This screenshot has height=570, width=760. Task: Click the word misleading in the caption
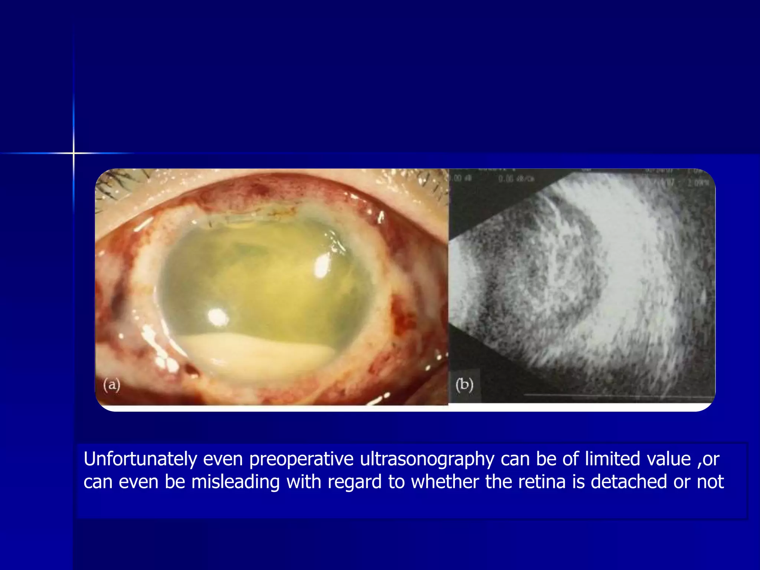[235, 482]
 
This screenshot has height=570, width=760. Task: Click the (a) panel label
[112, 385]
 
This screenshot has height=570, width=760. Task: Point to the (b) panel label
[464, 385]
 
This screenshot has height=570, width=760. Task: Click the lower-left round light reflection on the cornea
[218, 317]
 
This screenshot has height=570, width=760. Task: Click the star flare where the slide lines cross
[73, 153]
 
